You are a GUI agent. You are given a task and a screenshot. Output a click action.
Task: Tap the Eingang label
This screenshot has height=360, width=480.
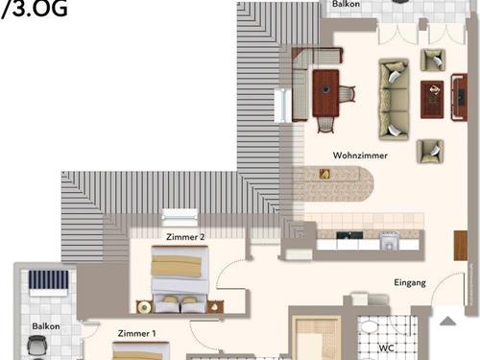[411, 282]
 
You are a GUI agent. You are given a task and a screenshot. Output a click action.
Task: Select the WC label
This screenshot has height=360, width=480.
[387, 347]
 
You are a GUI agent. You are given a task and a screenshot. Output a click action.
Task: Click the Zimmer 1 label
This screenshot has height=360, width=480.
[136, 333]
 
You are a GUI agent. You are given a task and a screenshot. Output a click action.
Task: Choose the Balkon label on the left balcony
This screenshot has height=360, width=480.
[45, 326]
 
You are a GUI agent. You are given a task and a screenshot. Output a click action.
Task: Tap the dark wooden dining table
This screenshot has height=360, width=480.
[325, 92]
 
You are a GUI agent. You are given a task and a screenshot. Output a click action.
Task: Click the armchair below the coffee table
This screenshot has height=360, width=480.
[430, 149]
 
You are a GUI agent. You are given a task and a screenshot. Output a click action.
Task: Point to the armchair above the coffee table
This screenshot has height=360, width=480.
[434, 60]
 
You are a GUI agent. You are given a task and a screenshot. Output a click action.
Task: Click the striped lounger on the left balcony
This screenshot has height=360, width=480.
[49, 281]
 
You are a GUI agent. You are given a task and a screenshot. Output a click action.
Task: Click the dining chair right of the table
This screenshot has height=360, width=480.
[347, 93]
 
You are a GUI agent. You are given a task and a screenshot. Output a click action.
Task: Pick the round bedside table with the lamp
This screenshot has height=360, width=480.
[144, 306]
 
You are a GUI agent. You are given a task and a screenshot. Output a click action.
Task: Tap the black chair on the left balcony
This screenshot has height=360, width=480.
[37, 351]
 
